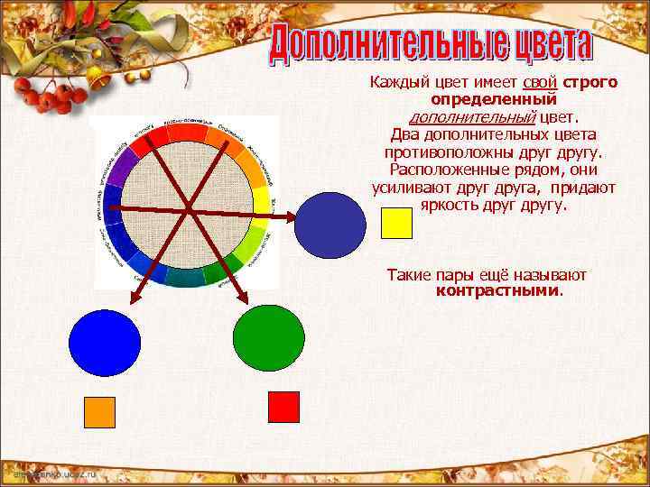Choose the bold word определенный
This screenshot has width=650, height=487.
coord(494,99)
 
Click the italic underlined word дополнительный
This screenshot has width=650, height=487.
coord(472,117)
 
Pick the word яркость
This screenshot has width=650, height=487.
coord(451,205)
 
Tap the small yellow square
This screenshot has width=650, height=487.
coord(396,223)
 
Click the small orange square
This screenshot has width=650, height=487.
coord(99,412)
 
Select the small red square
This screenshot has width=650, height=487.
coord(283,407)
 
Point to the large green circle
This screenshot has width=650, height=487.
coord(269,339)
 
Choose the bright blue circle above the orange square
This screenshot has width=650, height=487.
coord(106,342)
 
